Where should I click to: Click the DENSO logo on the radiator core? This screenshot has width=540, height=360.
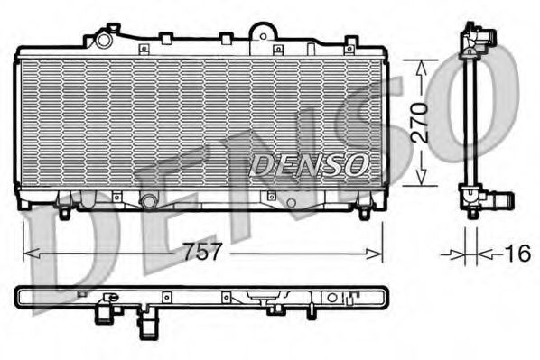[309, 164]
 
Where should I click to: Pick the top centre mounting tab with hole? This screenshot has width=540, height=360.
[262, 32]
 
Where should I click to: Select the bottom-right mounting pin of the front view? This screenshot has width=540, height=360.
[363, 213]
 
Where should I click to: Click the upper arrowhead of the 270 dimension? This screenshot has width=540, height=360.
[421, 65]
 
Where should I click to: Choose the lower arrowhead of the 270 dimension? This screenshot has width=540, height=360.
[421, 180]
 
